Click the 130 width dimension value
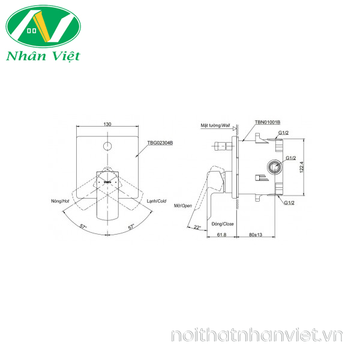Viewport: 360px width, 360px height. (107, 124)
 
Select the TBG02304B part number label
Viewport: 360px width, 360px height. (160, 143)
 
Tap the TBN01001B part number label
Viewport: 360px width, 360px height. (268, 122)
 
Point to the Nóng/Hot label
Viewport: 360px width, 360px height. (60, 201)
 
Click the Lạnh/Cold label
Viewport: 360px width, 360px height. (157, 201)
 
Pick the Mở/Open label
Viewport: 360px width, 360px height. (183, 206)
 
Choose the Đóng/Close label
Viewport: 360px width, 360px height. (223, 224)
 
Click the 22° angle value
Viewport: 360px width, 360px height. (197, 227)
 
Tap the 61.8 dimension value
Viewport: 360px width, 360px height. (221, 235)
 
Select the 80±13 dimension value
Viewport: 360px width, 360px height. (256, 235)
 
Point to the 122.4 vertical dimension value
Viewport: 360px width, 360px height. (302, 167)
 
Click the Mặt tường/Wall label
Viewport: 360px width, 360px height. (215, 125)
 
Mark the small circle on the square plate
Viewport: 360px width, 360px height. (107, 146)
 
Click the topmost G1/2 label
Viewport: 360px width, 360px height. (284, 133)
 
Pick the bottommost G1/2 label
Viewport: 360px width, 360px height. (289, 203)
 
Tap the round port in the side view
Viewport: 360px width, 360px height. (274, 167)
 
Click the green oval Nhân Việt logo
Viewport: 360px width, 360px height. (43, 26)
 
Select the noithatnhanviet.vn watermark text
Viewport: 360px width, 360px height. (257, 335)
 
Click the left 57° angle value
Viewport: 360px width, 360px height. (83, 226)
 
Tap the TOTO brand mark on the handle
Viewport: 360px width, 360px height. (107, 182)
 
